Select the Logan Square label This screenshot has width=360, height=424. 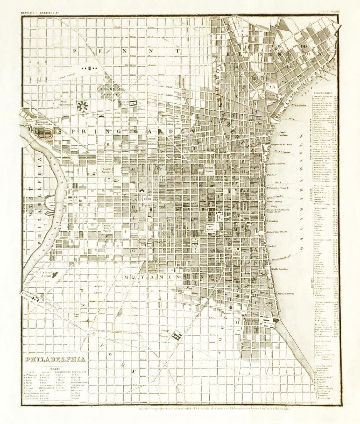107,169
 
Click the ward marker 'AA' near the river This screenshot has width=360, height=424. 273,87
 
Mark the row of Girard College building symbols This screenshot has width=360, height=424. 89,68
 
